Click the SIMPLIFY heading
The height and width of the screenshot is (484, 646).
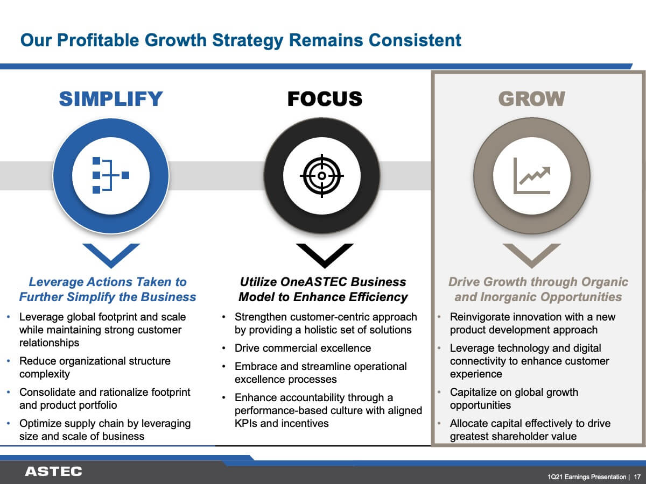pyautogui.click(x=111, y=99)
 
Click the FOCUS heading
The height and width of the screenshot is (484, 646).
pyautogui.click(x=325, y=99)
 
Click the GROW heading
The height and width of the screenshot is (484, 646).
pyautogui.click(x=531, y=99)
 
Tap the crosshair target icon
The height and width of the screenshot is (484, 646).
pyautogui.click(x=322, y=176)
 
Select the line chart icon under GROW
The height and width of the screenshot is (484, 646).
pyautogui.click(x=531, y=176)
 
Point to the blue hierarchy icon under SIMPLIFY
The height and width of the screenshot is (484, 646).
pyautogui.click(x=111, y=175)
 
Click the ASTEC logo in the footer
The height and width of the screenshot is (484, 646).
pyautogui.click(x=53, y=472)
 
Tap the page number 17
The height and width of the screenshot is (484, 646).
pyautogui.click(x=637, y=477)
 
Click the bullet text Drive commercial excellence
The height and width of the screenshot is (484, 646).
pyautogui.click(x=303, y=348)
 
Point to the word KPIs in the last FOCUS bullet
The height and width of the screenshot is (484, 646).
pyautogui.click(x=246, y=423)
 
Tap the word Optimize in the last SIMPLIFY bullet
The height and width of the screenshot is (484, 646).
pyautogui.click(x=40, y=424)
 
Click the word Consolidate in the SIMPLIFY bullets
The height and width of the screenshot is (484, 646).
pyautogui.click(x=47, y=392)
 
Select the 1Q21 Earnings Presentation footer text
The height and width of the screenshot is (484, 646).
pyautogui.click(x=587, y=477)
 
